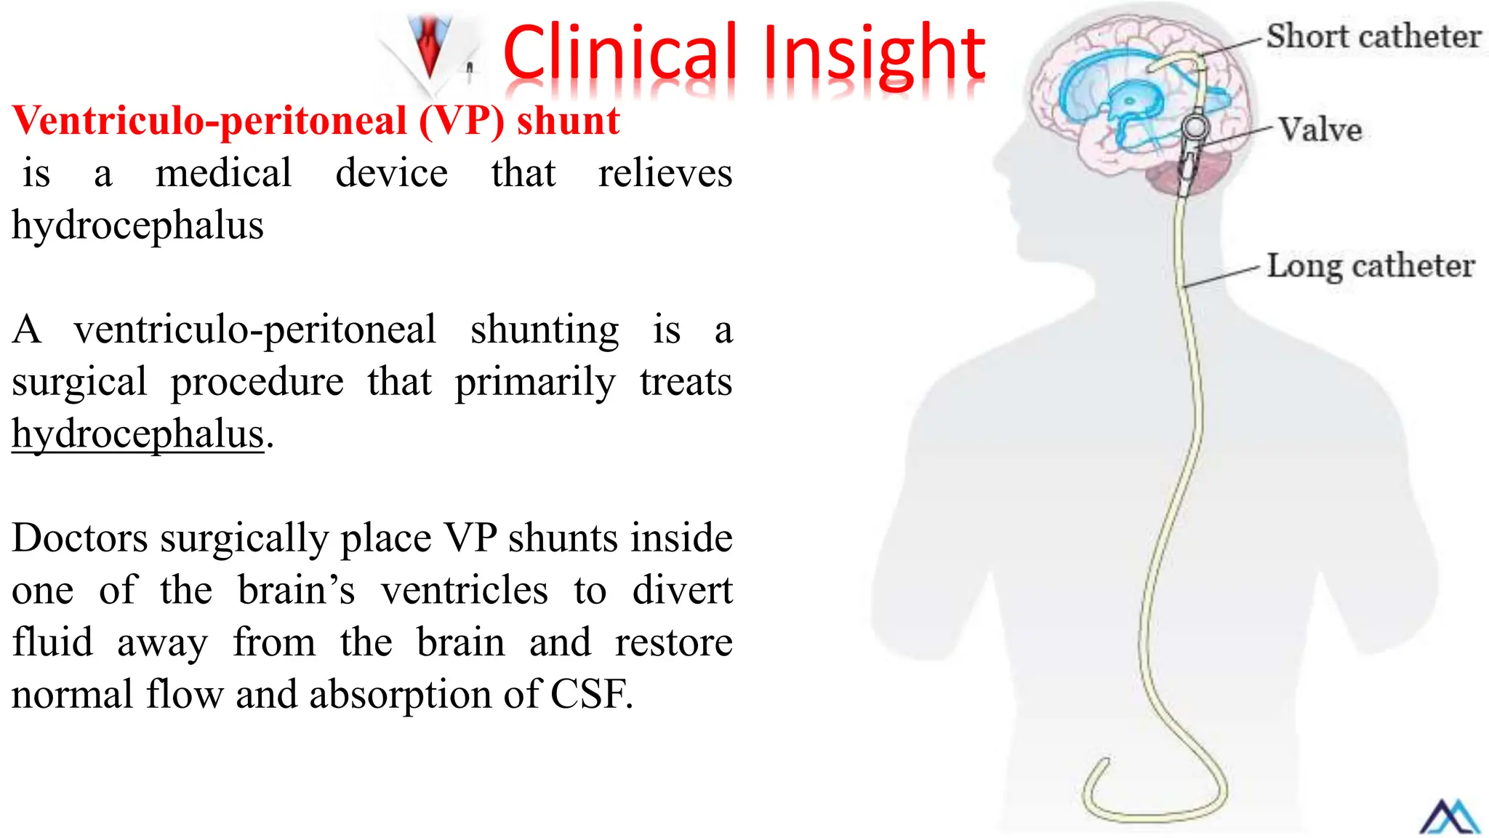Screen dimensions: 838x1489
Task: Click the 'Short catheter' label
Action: tap(1373, 36)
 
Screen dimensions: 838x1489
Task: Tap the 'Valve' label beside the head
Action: tap(1320, 129)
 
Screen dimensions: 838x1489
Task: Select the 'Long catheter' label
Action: tap(1370, 266)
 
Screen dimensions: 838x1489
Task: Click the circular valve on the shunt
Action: tap(1195, 127)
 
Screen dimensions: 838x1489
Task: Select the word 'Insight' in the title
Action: tap(873, 55)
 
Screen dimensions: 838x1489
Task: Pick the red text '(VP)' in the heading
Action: tap(461, 121)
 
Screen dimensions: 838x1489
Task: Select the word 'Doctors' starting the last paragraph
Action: tap(80, 538)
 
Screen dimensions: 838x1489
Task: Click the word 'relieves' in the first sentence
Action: tap(665, 174)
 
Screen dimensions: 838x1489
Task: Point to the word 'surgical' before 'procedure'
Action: tap(79, 382)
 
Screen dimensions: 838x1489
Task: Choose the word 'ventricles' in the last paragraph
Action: tap(465, 590)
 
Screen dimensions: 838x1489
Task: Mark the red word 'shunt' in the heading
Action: tap(568, 121)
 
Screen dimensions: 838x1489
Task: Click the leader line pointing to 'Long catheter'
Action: tap(1221, 277)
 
